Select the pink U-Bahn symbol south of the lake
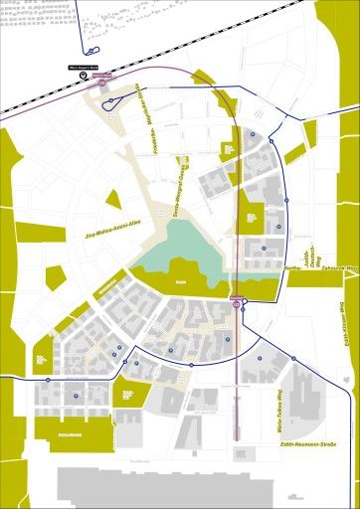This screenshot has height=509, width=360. click(237, 305)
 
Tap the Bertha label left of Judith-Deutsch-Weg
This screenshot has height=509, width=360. click(292, 268)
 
